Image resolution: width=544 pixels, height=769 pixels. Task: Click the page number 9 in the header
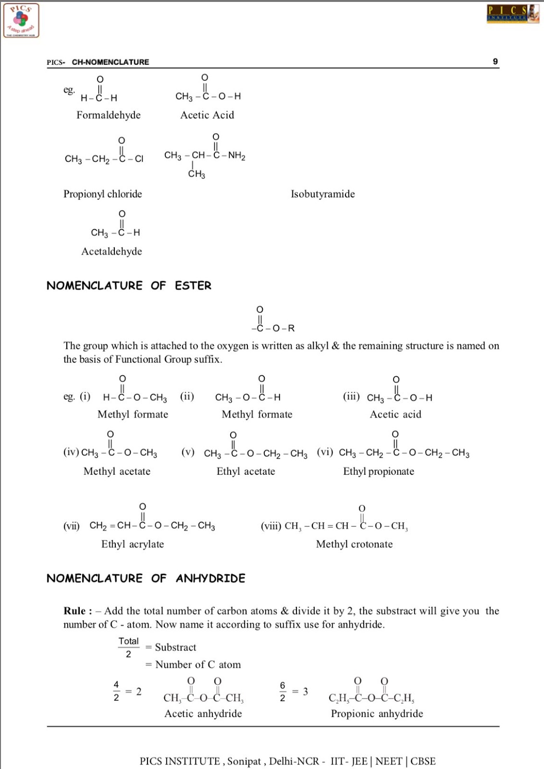[495, 62]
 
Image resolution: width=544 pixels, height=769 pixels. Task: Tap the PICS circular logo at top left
[21, 21]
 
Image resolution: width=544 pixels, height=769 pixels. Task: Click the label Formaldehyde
[109, 115]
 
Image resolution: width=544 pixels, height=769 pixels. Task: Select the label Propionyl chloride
[103, 194]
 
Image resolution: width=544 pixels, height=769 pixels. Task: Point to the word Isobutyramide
[322, 194]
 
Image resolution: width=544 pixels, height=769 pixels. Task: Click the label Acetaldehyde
[111, 251]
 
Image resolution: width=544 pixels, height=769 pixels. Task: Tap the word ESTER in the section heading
[193, 286]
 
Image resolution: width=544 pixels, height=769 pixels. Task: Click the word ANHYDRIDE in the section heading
[210, 578]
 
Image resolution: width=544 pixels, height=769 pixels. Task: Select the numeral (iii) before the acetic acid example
[351, 397]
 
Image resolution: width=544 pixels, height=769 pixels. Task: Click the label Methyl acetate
[117, 471]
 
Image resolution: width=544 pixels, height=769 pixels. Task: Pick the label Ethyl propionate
[379, 471]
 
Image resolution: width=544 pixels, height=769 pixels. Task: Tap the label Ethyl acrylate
[133, 544]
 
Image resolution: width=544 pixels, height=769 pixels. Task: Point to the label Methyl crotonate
[354, 544]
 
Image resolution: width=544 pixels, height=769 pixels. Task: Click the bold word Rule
[74, 611]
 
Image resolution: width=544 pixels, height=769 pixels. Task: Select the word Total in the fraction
[128, 641]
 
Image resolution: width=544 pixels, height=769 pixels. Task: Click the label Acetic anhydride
[203, 714]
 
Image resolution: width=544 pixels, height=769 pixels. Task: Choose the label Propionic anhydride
[377, 714]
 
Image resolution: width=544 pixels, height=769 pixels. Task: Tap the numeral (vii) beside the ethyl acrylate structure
[72, 526]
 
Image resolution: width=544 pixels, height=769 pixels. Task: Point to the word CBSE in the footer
[423, 761]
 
